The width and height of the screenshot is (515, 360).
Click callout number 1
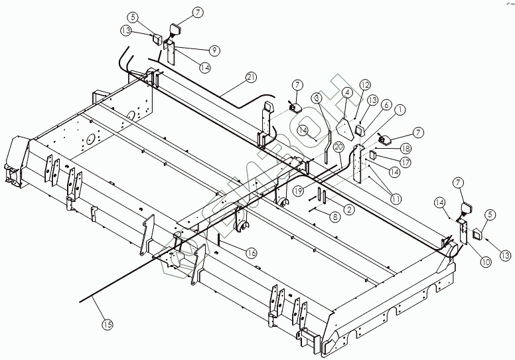click(x=400, y=110)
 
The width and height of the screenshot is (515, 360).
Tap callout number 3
click(x=318, y=98)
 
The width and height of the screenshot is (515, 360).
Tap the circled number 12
click(x=365, y=84)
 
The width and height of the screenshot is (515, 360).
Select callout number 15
click(x=107, y=324)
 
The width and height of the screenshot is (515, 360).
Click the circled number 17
click(x=405, y=161)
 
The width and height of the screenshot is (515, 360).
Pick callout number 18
click(x=405, y=149)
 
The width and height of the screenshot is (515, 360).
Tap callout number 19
click(x=299, y=191)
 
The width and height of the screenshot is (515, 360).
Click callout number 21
click(x=250, y=78)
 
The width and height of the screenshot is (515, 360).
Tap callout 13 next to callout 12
click(x=372, y=99)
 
